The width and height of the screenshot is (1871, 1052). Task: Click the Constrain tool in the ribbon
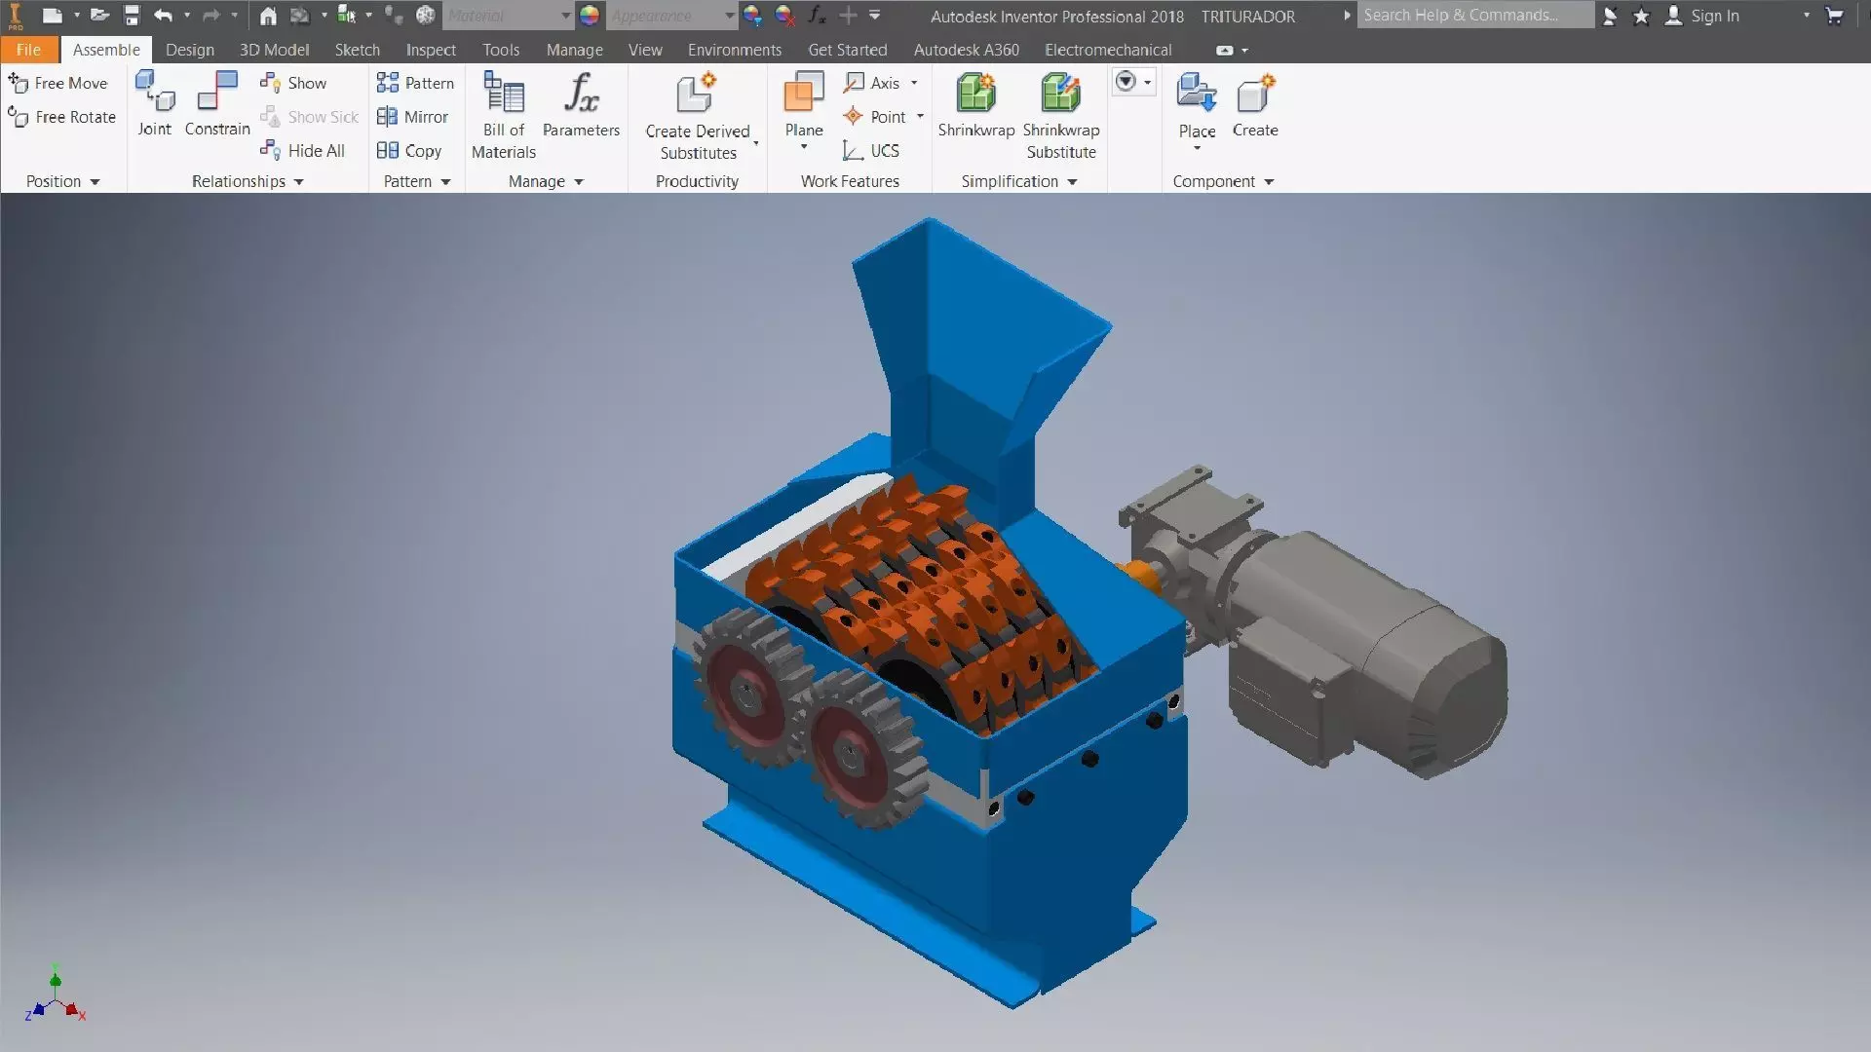pyautogui.click(x=217, y=103)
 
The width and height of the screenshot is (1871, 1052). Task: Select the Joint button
pyautogui.click(x=154, y=103)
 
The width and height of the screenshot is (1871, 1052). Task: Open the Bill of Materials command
pyautogui.click(x=504, y=115)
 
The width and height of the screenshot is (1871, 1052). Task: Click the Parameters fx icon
pyautogui.click(x=581, y=94)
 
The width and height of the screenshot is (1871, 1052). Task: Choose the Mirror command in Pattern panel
pyautogui.click(x=413, y=117)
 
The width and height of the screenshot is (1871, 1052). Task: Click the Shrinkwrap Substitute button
pyautogui.click(x=1060, y=115)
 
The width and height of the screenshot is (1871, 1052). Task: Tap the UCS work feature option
pyautogui.click(x=871, y=151)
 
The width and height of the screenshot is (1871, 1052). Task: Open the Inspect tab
pyautogui.click(x=431, y=50)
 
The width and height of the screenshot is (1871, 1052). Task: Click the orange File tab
pyautogui.click(x=28, y=50)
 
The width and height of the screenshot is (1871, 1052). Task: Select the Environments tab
pyautogui.click(x=734, y=50)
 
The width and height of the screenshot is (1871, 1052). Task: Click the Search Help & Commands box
pyautogui.click(x=1473, y=16)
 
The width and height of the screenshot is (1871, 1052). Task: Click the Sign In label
pyautogui.click(x=1714, y=16)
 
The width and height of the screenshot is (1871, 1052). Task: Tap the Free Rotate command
pyautogui.click(x=62, y=117)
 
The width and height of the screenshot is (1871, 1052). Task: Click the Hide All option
pyautogui.click(x=304, y=151)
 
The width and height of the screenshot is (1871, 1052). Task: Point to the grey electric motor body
pyautogui.click(x=1364, y=653)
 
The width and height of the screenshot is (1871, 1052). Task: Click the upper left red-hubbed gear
pyautogui.click(x=745, y=687)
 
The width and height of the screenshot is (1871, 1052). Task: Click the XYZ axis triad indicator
pyautogui.click(x=56, y=998)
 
